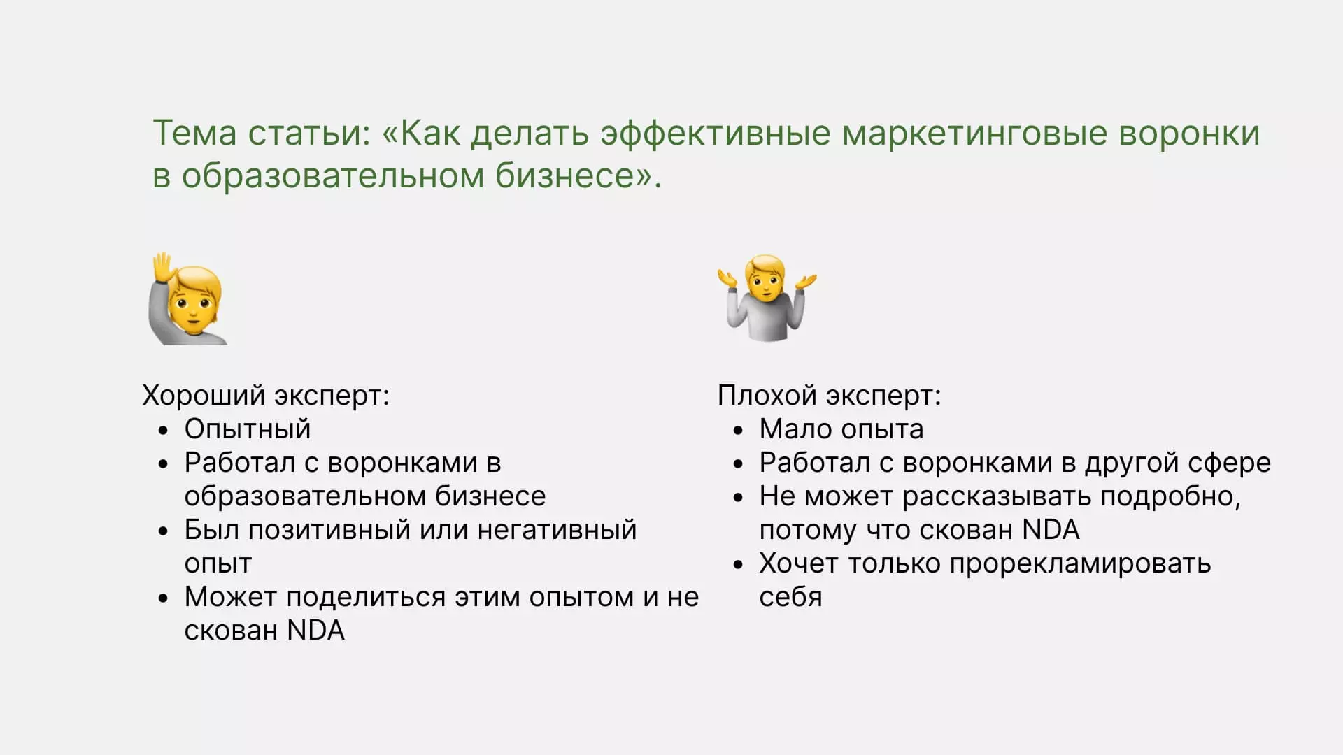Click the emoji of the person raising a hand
(187, 299)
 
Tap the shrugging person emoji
(767, 299)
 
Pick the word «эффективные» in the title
(716, 134)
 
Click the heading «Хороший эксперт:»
(266, 396)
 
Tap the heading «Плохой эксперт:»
(829, 396)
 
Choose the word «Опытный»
(247, 429)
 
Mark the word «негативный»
(557, 530)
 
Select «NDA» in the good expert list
(316, 631)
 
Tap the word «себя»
(790, 598)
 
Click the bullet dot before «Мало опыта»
(738, 431)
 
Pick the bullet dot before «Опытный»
(163, 431)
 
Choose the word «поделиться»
(366, 598)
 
